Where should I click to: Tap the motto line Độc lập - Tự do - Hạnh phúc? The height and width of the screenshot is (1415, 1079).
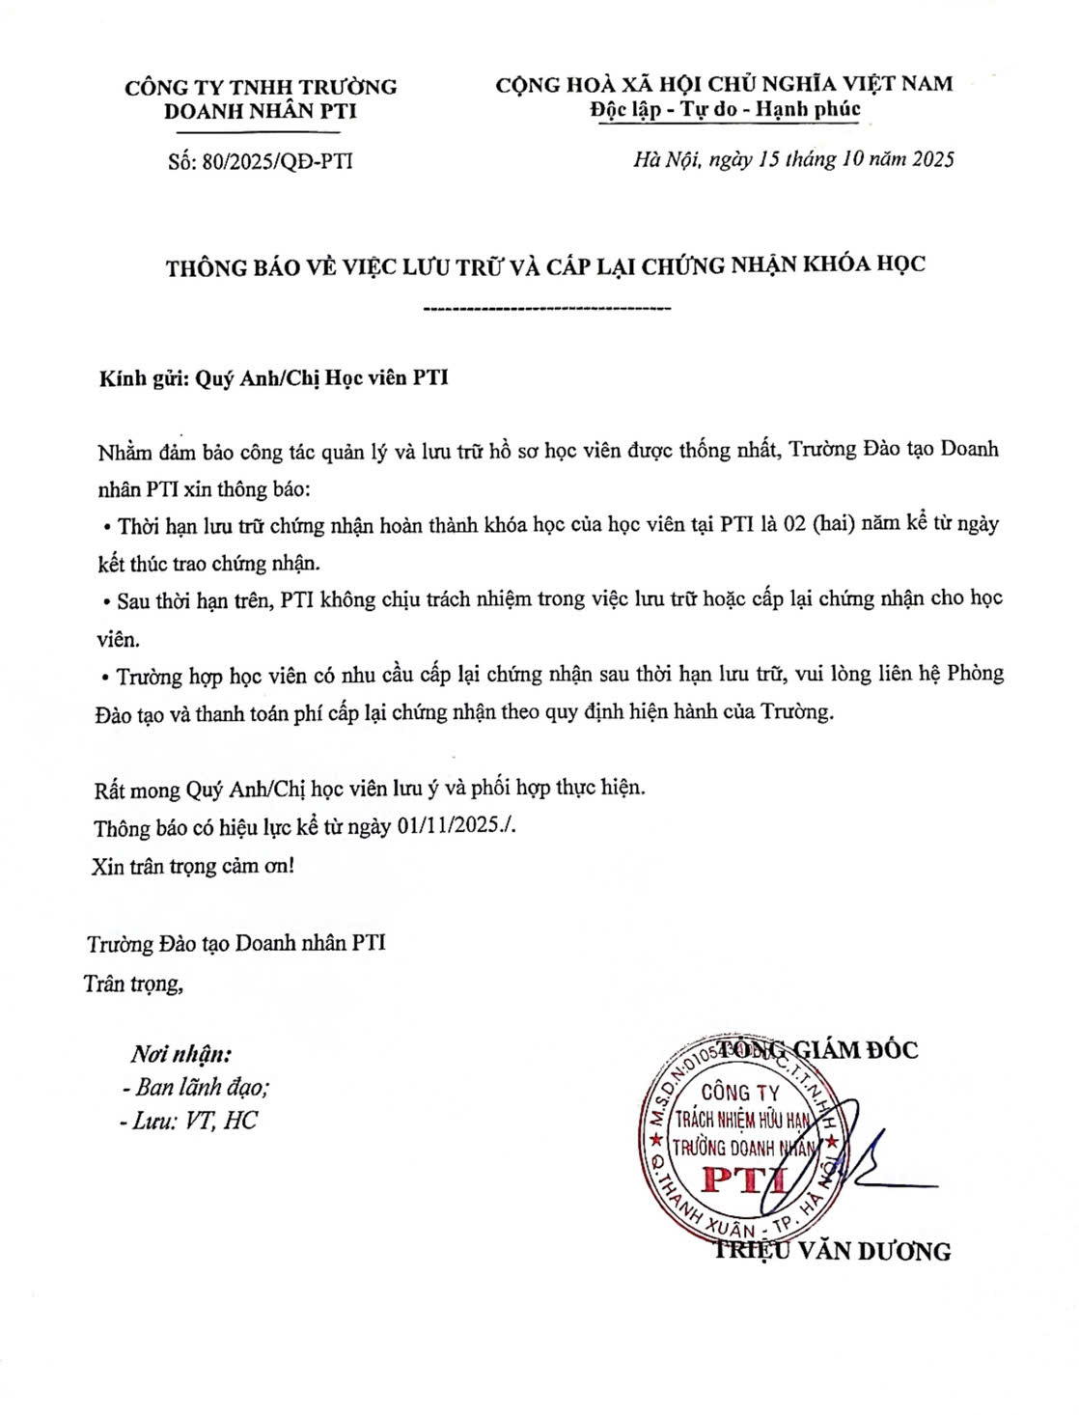point(725,109)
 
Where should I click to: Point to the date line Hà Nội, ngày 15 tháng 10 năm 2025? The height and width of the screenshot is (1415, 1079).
point(793,159)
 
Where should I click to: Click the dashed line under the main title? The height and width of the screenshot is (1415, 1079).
point(547,309)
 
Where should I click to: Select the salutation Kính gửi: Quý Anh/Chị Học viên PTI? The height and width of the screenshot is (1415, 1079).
point(273,378)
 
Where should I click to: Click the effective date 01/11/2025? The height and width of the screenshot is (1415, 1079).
point(451,827)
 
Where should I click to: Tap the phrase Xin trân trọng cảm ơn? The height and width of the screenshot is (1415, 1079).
point(193,866)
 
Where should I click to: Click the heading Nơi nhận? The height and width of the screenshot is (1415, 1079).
point(181,1053)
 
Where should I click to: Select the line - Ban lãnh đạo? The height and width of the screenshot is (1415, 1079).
point(196,1087)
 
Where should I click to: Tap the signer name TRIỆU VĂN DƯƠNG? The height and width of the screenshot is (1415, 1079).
point(832,1252)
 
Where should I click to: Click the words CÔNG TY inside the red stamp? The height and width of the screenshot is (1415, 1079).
point(739,1093)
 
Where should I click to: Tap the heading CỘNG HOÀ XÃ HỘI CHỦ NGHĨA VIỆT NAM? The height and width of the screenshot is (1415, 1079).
point(724,84)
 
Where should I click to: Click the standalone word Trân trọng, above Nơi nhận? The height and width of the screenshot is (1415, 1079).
point(133,984)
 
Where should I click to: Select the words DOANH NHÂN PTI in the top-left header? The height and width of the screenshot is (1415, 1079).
point(261,111)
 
